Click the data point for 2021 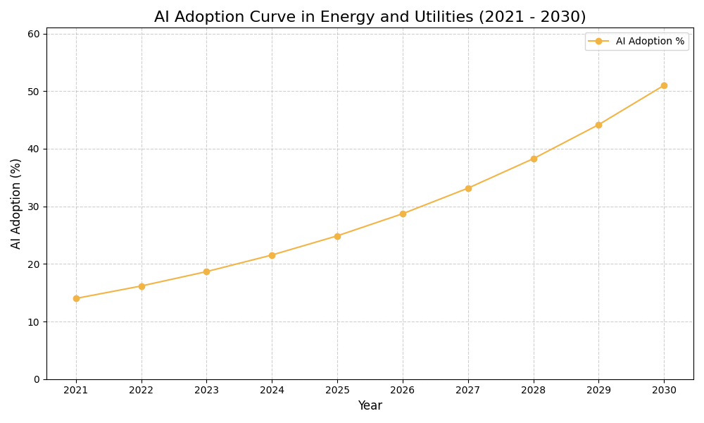tap(76, 298)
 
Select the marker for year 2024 tap(272, 255)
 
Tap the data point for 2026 tap(403, 214)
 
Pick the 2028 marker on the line tap(534, 159)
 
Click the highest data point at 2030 tap(664, 85)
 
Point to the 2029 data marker tap(598, 125)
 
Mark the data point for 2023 tap(206, 271)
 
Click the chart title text tap(370, 17)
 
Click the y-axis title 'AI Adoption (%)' tap(16, 203)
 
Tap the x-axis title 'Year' tap(370, 406)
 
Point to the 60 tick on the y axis tap(34, 34)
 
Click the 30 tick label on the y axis tap(34, 207)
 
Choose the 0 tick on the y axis tap(37, 379)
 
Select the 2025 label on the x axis tap(337, 391)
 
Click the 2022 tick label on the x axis tap(142, 391)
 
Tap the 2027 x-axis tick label tap(468, 391)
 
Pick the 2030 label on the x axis tap(664, 391)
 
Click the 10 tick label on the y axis tap(34, 322)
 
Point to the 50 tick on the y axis tap(34, 92)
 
